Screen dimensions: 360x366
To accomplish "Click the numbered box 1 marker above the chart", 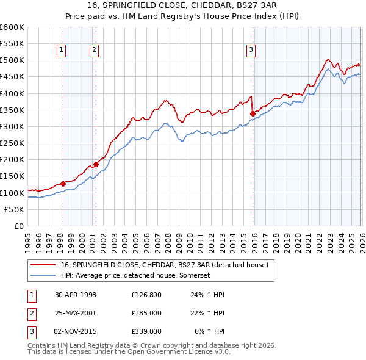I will pyautogui.click(x=62, y=51).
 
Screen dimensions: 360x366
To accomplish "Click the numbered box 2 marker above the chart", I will pyautogui.click(x=95, y=51).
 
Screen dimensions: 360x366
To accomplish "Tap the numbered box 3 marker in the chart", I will pyautogui.click(x=251, y=51).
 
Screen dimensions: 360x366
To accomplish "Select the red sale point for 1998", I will pyautogui.click(x=63, y=184).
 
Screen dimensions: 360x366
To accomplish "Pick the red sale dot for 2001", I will pyautogui.click(x=96, y=165).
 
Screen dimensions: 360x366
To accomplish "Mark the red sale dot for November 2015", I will pyautogui.click(x=252, y=113).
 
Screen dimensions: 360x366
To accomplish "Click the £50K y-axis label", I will pyautogui.click(x=15, y=209).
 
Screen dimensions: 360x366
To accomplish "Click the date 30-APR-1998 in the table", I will pyautogui.click(x=75, y=295).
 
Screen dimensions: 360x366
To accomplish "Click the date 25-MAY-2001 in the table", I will pyautogui.click(x=75, y=313).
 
